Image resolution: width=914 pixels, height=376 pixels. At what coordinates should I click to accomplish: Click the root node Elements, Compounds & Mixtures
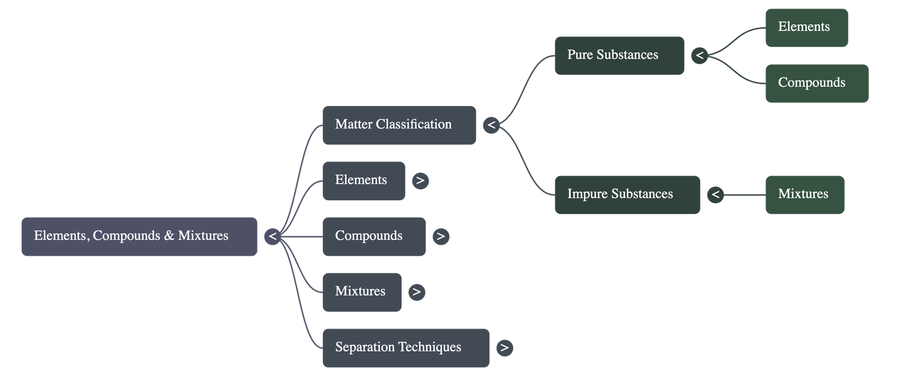(139, 236)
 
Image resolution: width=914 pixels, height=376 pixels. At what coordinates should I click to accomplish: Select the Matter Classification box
(399, 125)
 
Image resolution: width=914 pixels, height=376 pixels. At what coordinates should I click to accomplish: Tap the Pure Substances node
(619, 55)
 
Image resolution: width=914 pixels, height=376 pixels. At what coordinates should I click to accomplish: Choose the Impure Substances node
(626, 195)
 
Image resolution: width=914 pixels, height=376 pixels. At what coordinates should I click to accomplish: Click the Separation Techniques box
(406, 347)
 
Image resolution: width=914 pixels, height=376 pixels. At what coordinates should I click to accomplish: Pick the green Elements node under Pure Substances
(806, 27)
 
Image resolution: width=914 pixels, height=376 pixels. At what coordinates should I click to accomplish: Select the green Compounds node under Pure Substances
(816, 83)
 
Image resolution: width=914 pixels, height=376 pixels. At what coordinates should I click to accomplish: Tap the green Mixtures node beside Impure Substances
(804, 195)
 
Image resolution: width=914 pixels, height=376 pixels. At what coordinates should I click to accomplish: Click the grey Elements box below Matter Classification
(364, 181)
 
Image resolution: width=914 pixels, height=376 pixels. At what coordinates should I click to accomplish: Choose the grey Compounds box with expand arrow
(374, 236)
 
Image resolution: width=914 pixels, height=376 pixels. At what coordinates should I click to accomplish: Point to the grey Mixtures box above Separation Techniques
(362, 292)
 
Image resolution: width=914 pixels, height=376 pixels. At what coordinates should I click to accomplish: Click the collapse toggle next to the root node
(272, 236)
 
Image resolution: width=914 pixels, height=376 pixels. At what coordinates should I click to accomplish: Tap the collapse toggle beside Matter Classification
(491, 125)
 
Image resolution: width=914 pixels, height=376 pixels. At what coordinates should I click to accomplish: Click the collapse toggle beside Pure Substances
(699, 55)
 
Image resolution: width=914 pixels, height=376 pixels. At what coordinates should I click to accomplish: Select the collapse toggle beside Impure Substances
(715, 195)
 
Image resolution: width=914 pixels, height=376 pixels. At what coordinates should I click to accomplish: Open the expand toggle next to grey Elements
(420, 181)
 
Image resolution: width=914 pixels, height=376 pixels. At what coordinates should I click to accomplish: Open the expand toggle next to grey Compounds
(440, 236)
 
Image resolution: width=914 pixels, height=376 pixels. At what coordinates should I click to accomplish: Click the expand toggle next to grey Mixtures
(416, 292)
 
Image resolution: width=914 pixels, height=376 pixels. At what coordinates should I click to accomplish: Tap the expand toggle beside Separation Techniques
(504, 347)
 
